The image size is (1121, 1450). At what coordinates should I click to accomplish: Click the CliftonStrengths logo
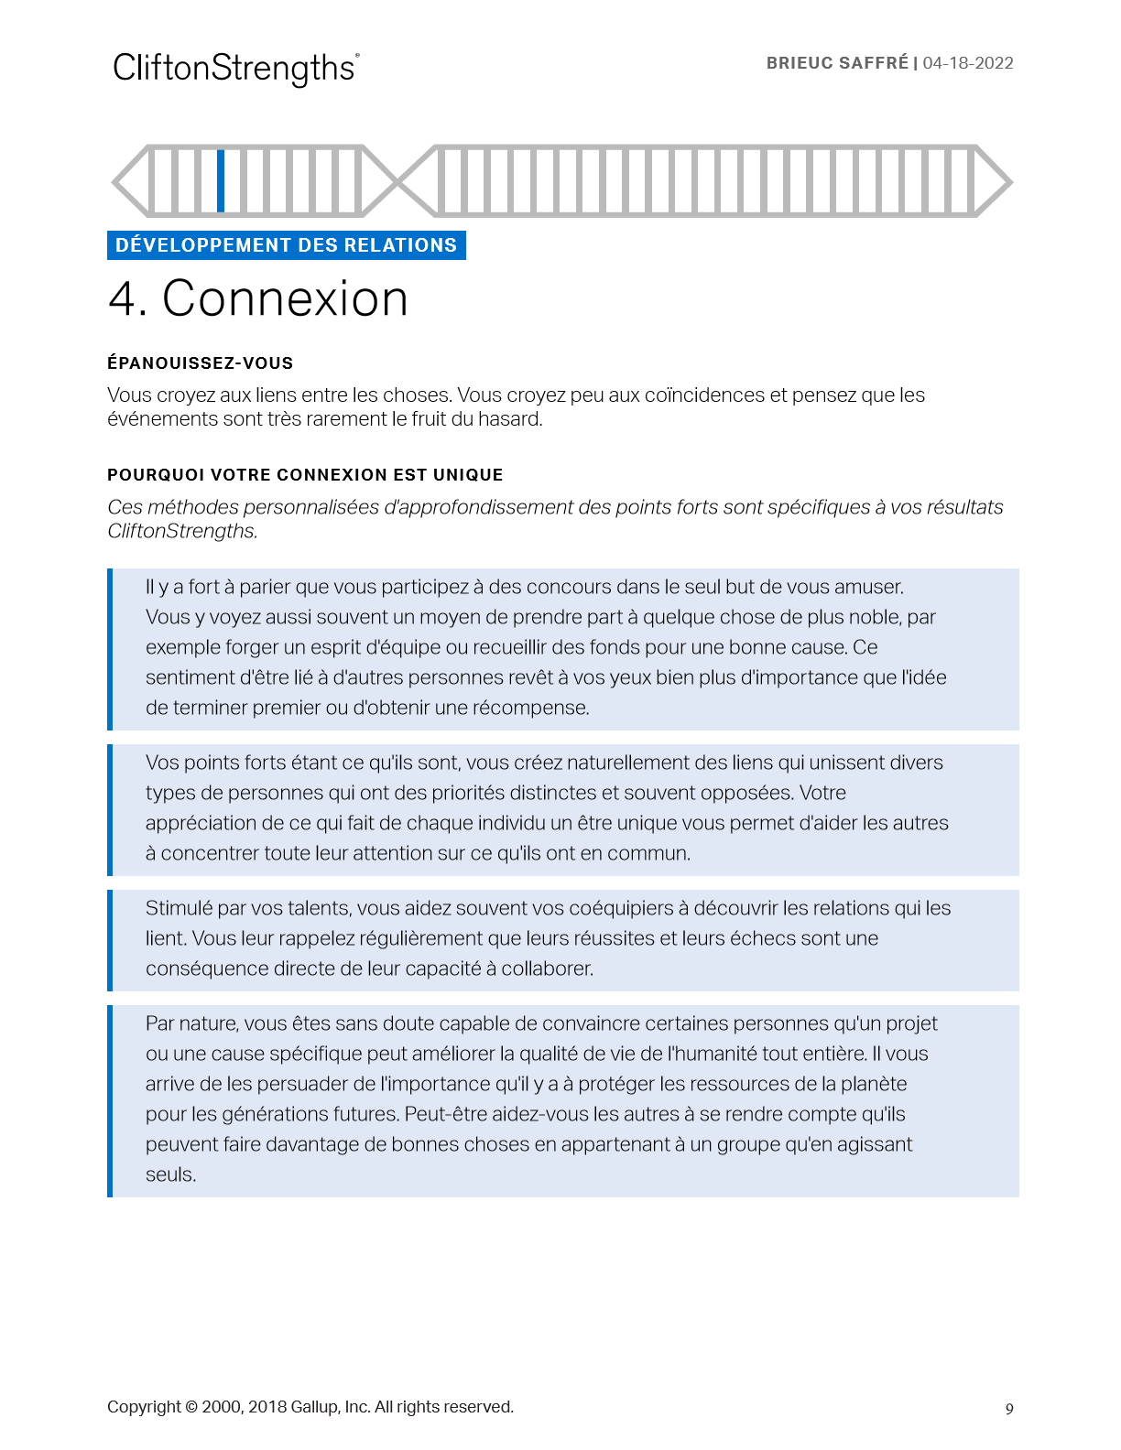point(235,69)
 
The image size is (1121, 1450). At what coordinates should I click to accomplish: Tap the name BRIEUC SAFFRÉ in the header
point(837,63)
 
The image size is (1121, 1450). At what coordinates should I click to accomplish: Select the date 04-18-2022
point(968,63)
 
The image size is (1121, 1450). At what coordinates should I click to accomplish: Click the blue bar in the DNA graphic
point(221,180)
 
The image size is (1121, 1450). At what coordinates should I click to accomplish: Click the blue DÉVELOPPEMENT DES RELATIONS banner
point(286,245)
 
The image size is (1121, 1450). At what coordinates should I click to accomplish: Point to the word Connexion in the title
point(285,298)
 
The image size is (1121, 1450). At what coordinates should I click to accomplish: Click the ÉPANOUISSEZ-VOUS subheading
point(200,363)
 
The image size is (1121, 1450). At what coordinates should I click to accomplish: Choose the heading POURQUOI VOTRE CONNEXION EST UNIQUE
point(305,475)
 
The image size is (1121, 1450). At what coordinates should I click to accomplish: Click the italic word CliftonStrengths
point(181,531)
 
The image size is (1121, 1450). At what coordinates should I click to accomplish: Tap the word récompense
point(530,708)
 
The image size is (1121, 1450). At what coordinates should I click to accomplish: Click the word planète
point(871,1084)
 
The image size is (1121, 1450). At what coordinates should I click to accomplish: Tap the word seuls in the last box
point(170,1174)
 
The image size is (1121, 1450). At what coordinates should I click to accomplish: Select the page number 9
point(1009,1409)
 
